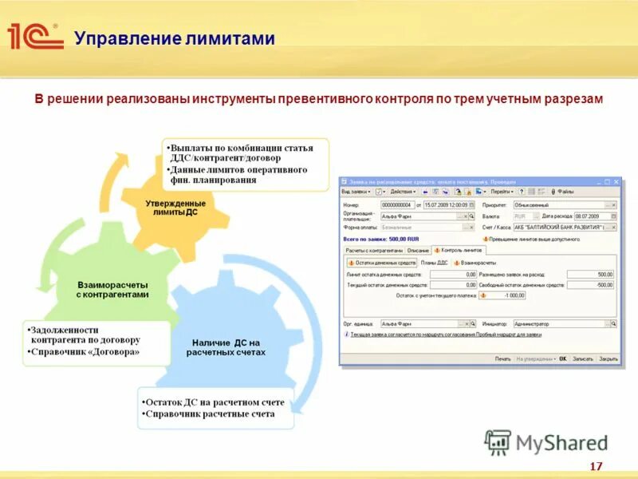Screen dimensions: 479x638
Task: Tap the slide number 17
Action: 596,466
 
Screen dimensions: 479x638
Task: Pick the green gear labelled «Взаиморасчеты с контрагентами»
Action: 112,290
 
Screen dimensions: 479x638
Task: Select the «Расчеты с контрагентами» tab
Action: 372,250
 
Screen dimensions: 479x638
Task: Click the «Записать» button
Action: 582,358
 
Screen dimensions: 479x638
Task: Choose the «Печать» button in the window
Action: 502,358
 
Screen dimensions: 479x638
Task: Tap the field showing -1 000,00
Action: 506,295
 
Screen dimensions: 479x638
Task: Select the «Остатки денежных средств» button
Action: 382,263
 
